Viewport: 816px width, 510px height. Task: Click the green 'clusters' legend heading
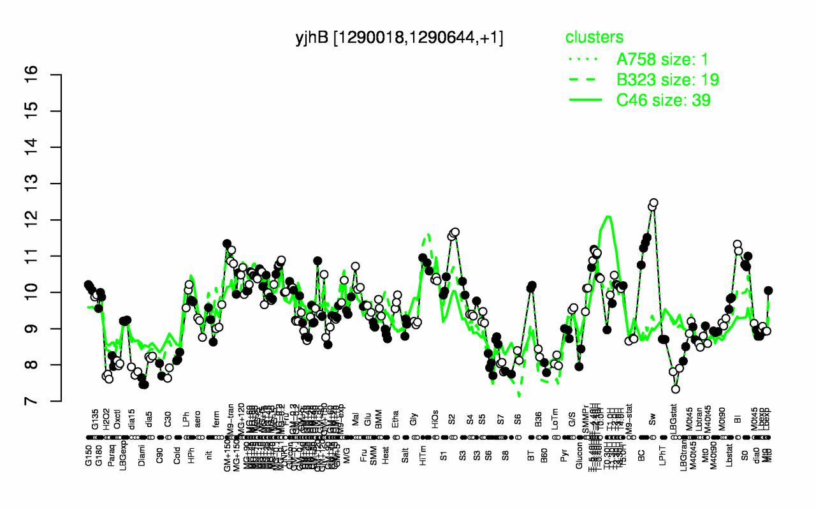tap(594, 38)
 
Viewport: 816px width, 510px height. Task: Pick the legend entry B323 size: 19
tap(667, 80)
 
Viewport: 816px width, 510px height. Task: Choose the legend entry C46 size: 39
tap(663, 100)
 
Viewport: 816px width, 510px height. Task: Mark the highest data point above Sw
tap(653, 203)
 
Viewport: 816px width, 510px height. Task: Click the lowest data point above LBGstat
tap(676, 389)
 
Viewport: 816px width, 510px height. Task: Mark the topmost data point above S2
tap(455, 232)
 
